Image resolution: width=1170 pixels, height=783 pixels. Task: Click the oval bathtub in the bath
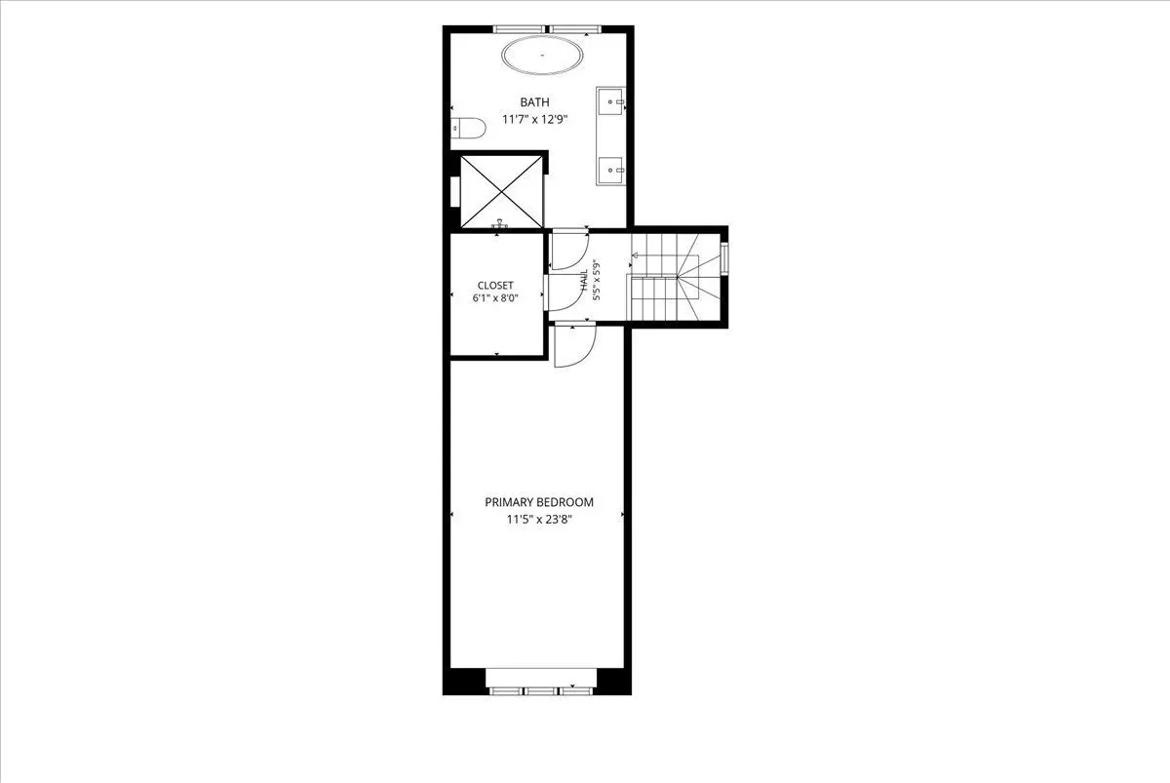coord(542,55)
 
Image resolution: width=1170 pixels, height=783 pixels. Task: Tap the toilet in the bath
coord(468,129)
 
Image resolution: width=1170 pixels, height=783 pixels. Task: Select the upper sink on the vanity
coord(611,101)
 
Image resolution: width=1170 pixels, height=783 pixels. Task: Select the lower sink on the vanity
coord(611,170)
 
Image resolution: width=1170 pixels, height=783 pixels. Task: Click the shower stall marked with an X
coord(501,192)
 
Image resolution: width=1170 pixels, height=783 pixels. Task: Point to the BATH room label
coord(534,102)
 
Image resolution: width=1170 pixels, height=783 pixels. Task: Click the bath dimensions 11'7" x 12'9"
coord(534,120)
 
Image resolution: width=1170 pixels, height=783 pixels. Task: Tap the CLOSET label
coord(495,285)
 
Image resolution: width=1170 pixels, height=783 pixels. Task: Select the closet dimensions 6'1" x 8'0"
coord(495,298)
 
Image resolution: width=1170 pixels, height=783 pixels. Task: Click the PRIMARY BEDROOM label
coord(539,502)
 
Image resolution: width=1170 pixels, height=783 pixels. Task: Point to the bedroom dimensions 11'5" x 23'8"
coord(539,520)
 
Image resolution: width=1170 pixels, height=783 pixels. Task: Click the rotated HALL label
coord(584,281)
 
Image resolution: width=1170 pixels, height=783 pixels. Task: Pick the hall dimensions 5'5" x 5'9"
coord(597,281)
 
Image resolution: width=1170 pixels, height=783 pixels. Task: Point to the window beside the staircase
coord(724,258)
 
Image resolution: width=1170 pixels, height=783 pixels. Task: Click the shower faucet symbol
coord(500,223)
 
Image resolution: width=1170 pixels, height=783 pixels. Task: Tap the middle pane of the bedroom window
coord(540,691)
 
